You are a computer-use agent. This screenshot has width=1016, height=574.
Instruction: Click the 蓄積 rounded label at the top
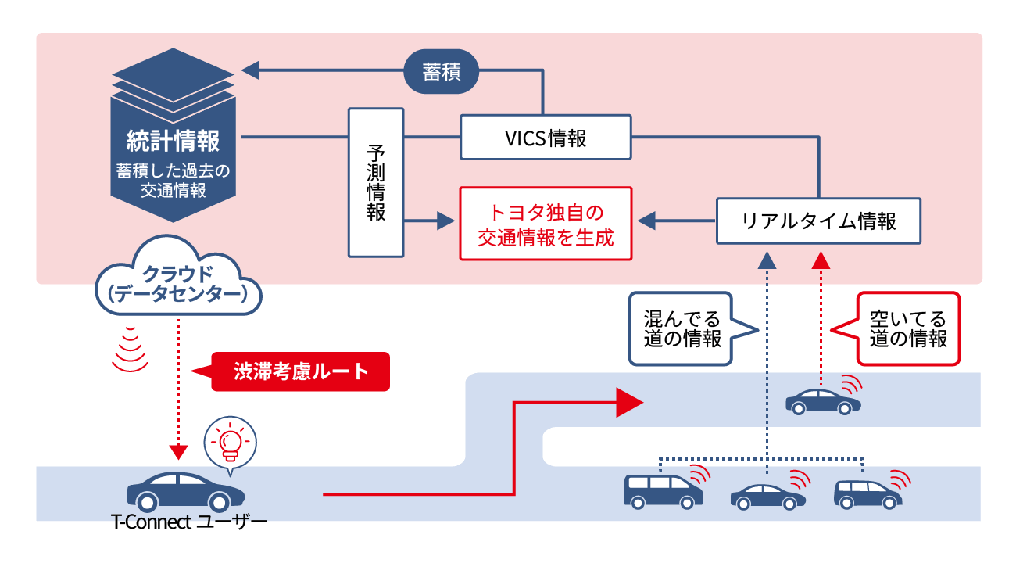441,73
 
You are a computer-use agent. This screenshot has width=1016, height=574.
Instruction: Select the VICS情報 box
545,138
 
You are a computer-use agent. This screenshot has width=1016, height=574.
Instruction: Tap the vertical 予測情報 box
376,182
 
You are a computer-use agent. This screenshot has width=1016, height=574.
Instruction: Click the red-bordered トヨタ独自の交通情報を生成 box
545,223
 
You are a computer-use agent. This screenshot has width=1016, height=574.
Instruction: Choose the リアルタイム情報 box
818,221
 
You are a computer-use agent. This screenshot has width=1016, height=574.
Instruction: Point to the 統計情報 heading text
174,141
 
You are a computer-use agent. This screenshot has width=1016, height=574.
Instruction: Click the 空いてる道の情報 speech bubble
907,328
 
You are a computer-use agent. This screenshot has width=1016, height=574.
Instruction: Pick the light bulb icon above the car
229,443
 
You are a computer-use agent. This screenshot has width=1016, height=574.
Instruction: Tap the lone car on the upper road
822,401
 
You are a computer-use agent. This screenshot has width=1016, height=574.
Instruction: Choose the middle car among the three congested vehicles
767,496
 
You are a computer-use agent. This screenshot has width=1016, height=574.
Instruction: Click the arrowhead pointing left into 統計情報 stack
250,71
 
